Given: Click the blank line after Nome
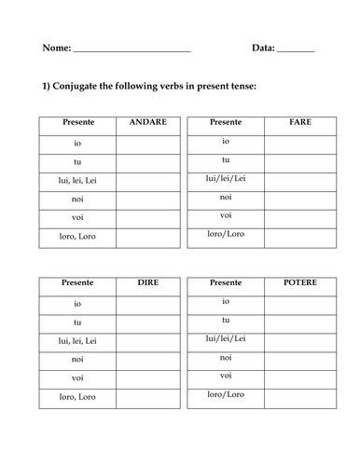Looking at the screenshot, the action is [132, 49].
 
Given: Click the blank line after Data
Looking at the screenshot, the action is [296, 49].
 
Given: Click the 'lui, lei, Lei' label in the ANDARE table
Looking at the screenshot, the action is [77, 181].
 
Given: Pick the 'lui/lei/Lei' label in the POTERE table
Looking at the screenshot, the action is [226, 337].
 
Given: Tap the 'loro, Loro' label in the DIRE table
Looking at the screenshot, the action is [77, 397].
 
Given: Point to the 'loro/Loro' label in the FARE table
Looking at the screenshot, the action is [226, 234].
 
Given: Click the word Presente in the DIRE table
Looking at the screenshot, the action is [77, 281].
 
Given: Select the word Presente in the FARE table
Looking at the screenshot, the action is [226, 122].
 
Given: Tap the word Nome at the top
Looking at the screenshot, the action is [56, 48].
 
